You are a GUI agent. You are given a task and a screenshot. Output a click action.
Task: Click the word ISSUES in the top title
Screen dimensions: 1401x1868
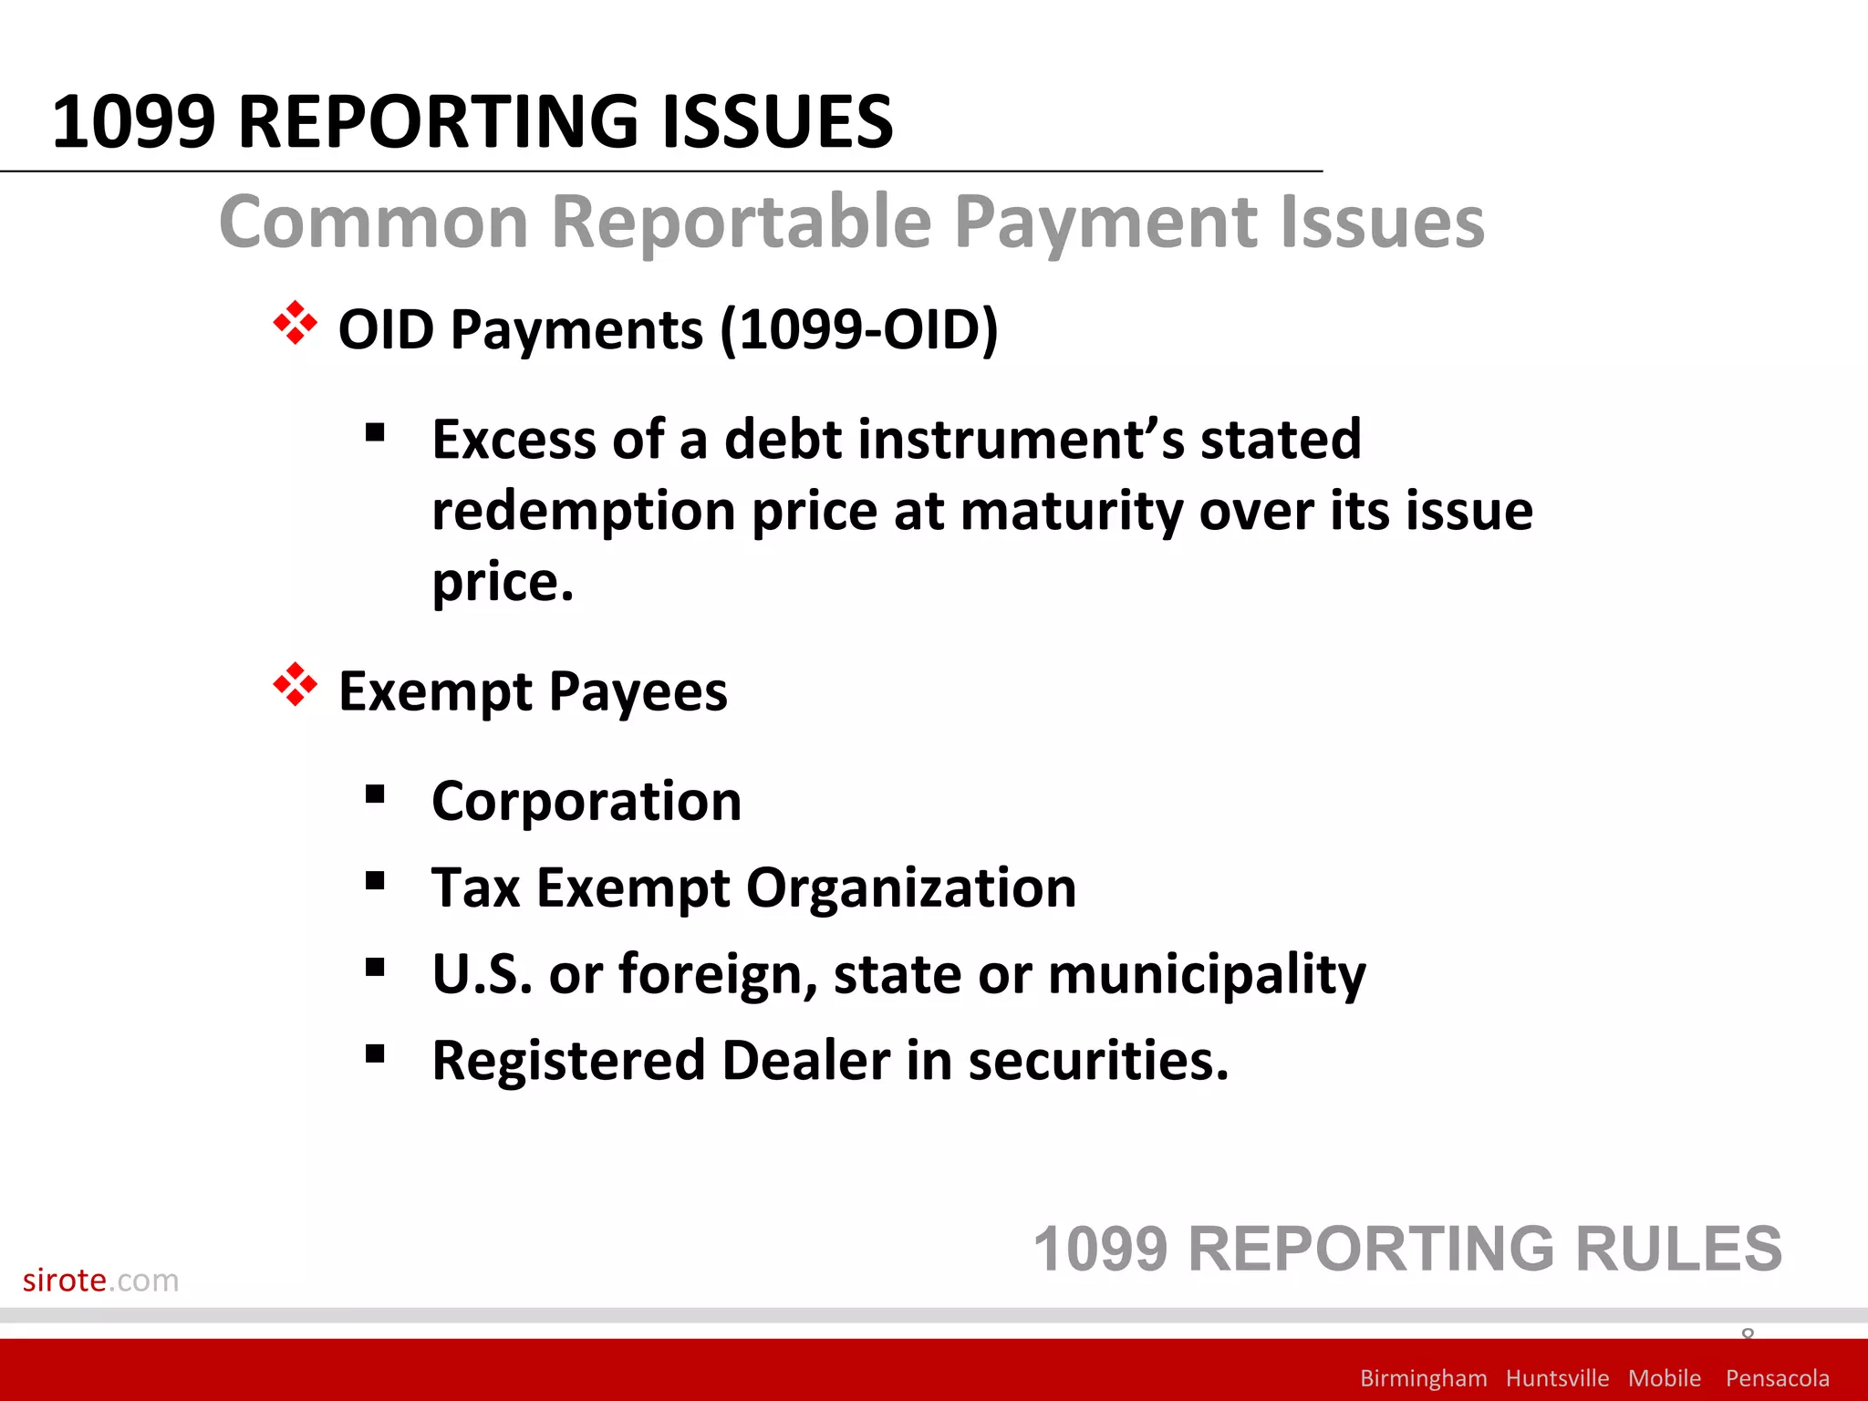coord(776,122)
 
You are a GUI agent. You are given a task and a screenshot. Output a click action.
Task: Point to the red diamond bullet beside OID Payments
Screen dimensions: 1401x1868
coord(295,323)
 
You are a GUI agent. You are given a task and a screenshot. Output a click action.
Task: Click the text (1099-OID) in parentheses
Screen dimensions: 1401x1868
coord(859,329)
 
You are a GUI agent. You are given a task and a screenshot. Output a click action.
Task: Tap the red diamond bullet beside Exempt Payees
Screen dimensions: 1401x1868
coord(295,685)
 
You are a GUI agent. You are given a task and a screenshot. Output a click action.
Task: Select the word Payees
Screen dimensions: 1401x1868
coord(638,692)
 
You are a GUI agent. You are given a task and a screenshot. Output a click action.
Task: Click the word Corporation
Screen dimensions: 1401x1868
coord(586,802)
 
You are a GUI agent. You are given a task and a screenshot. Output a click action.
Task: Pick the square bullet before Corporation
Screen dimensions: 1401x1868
coord(375,794)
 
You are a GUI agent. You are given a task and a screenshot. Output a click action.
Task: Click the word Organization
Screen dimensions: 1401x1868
coord(911,888)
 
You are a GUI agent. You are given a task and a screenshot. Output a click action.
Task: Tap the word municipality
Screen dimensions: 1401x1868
coord(1207,975)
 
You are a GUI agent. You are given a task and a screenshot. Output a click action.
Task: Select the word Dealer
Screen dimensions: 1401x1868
coord(805,1061)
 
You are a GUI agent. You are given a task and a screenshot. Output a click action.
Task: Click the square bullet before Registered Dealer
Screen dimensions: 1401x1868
coord(375,1054)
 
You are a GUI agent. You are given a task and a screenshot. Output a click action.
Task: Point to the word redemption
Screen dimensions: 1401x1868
coord(583,512)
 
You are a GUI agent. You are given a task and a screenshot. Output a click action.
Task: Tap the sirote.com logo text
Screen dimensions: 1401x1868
coord(100,1281)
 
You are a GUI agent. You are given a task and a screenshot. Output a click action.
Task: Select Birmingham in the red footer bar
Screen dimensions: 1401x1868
coord(1423,1378)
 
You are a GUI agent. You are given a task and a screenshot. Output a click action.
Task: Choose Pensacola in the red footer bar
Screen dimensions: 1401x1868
coord(1777,1378)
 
